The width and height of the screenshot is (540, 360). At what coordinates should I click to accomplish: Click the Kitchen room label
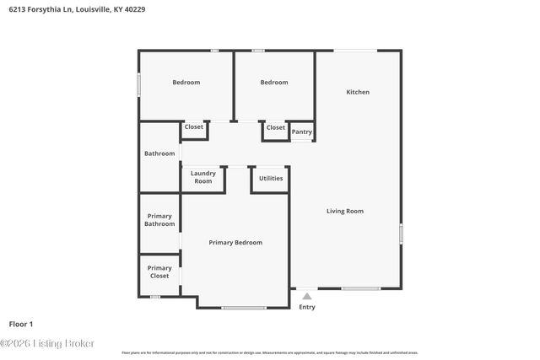click(358, 92)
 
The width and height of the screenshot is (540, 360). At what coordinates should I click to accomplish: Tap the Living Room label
click(345, 211)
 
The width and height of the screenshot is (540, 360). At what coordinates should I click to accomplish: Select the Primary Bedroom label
click(235, 243)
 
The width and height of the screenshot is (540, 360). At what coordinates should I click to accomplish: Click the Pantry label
click(301, 132)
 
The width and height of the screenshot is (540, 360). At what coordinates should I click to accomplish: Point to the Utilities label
click(271, 179)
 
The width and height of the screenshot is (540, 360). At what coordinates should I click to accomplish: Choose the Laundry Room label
click(202, 177)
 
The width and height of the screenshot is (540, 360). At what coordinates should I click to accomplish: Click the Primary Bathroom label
click(159, 220)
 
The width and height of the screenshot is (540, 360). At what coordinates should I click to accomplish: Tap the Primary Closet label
click(159, 272)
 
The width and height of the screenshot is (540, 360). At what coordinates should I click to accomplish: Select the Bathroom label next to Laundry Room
click(159, 153)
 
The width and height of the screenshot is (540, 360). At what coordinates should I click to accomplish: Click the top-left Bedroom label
click(186, 83)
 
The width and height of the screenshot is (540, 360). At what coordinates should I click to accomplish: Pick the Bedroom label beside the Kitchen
click(274, 83)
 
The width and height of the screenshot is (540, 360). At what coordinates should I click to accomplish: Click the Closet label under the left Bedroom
click(194, 127)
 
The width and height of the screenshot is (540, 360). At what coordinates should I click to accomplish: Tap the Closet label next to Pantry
click(275, 127)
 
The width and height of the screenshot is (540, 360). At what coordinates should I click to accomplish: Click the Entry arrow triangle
click(307, 296)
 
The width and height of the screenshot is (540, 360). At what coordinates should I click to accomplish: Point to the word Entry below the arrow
click(307, 307)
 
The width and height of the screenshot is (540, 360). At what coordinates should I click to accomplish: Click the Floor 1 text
click(21, 324)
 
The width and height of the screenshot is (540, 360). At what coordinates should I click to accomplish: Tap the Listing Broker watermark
click(47, 343)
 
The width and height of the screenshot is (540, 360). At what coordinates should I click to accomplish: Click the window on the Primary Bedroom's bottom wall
click(245, 308)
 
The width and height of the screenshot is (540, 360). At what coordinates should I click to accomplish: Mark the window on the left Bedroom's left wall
click(139, 85)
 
